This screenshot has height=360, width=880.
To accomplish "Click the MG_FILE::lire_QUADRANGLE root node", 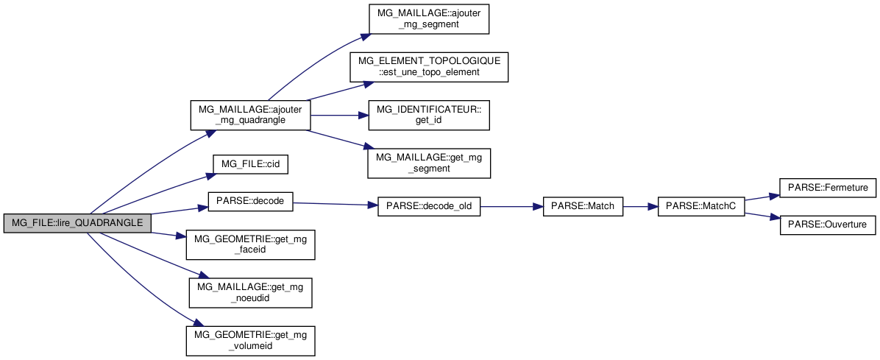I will click(77, 222).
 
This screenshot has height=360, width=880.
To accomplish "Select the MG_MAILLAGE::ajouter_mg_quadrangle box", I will click(249, 115).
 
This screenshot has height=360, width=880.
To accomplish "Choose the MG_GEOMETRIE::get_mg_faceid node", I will click(251, 244).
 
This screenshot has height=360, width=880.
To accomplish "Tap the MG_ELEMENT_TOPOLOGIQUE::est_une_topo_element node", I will click(429, 67).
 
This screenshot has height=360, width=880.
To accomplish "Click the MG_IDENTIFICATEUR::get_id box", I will click(429, 114).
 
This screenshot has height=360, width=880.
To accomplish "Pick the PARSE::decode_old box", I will click(429, 207).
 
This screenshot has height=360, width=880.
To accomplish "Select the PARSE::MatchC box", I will click(700, 207).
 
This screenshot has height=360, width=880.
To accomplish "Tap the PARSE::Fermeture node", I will click(827, 188).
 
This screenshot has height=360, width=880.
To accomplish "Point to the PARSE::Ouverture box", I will click(827, 224).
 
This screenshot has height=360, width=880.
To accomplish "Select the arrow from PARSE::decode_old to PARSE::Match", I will click(511, 207).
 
